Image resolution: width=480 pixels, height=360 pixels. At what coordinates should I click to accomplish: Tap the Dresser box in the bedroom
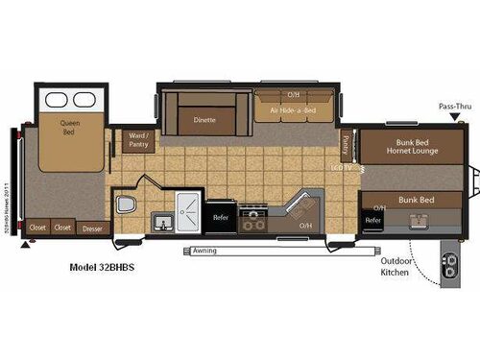click(x=91, y=228)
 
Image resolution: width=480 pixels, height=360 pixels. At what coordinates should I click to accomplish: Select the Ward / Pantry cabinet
click(x=138, y=141)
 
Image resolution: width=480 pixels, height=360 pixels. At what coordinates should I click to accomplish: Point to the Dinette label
click(x=204, y=120)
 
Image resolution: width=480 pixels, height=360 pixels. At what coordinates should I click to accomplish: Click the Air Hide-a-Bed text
click(x=294, y=110)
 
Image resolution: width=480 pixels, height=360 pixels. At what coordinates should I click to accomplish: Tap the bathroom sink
click(x=163, y=225)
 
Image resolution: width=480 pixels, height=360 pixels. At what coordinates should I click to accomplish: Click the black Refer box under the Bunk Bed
click(x=373, y=220)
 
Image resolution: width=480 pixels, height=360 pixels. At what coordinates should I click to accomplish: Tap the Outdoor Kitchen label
click(x=395, y=265)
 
